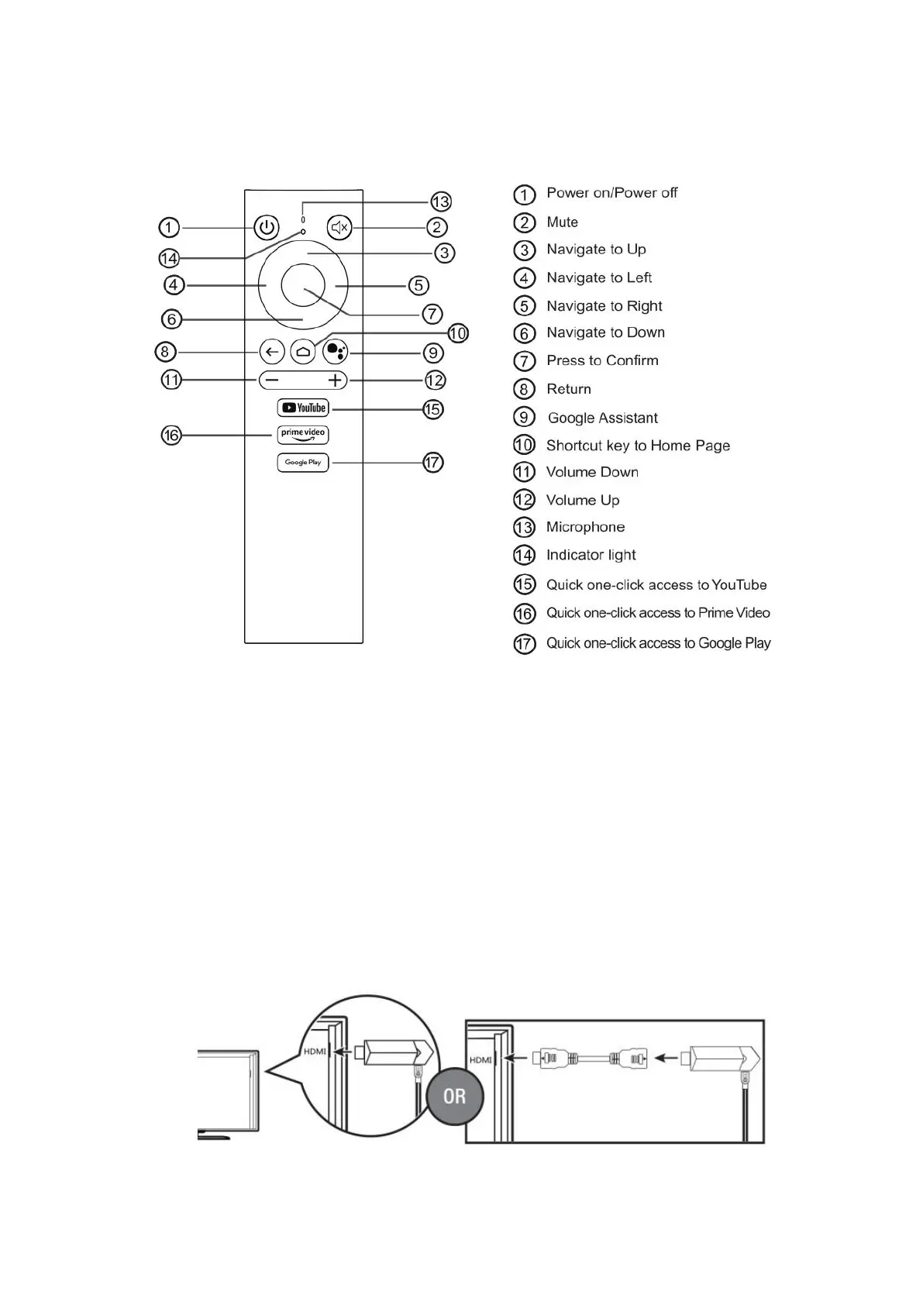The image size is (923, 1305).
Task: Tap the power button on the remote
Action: point(267,228)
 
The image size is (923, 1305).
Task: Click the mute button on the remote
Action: point(339,228)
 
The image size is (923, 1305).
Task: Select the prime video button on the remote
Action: point(303,435)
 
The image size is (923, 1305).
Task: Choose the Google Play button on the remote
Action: point(303,463)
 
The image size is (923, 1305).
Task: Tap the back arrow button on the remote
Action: point(271,352)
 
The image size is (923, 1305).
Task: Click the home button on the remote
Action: point(303,352)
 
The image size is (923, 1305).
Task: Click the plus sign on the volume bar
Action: point(335,380)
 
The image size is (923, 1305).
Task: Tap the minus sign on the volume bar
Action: point(271,380)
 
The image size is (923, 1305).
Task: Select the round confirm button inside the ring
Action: point(303,286)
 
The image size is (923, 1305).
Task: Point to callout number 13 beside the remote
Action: point(440,201)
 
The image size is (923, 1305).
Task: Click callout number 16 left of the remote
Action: point(171,436)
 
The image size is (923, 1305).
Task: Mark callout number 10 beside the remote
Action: point(458,333)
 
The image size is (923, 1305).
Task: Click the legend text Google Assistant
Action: point(602,418)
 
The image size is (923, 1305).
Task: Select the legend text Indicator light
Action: point(591,555)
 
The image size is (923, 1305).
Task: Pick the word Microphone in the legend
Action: point(585,527)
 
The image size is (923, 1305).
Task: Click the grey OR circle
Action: point(454,1097)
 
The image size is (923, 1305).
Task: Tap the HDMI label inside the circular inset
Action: point(315,1052)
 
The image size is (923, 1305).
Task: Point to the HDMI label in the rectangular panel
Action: point(480,1059)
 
